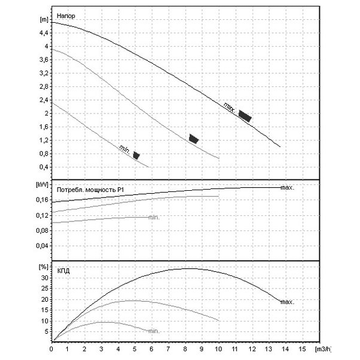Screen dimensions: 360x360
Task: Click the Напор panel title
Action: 65,16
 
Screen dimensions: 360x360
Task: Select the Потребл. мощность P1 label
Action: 90,190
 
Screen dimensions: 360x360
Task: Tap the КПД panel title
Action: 63,271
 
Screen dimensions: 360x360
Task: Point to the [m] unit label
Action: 44,20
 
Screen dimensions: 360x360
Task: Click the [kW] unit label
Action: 42,184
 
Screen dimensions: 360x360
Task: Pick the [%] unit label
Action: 44,267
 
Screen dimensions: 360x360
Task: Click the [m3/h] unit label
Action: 323,349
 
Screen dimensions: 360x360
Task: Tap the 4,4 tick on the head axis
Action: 44,33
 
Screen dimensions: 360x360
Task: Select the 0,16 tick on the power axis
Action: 42,200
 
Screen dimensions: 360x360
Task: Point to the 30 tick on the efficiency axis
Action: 45,278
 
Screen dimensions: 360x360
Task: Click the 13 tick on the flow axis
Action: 268,349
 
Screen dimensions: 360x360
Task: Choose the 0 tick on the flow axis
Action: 51,349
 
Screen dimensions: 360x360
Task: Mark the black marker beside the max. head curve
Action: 245,116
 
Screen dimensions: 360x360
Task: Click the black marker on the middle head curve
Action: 194,139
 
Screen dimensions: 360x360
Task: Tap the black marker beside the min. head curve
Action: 136,155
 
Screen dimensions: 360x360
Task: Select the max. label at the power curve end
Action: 287,188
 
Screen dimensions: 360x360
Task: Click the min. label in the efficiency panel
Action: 154,331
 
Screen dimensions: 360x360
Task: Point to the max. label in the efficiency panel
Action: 287,302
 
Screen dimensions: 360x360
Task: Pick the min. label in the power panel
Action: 154,217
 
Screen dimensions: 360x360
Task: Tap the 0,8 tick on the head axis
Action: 44,154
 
